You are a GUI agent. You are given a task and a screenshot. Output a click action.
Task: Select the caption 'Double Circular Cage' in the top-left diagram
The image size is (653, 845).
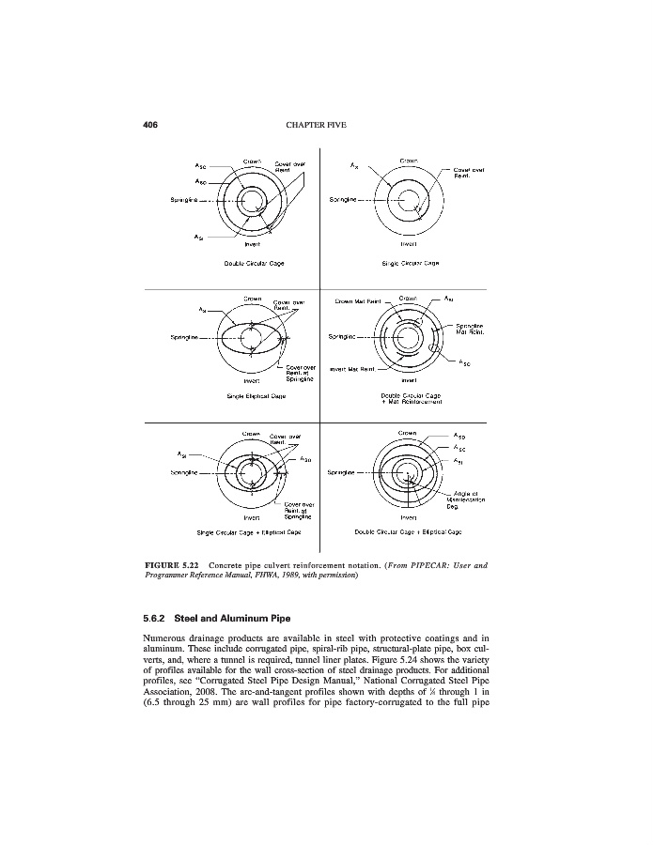(x=248, y=262)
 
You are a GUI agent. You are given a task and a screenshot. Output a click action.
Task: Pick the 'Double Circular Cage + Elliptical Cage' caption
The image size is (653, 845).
(x=408, y=531)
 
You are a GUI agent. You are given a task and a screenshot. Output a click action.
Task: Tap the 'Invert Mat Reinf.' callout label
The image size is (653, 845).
(x=355, y=370)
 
